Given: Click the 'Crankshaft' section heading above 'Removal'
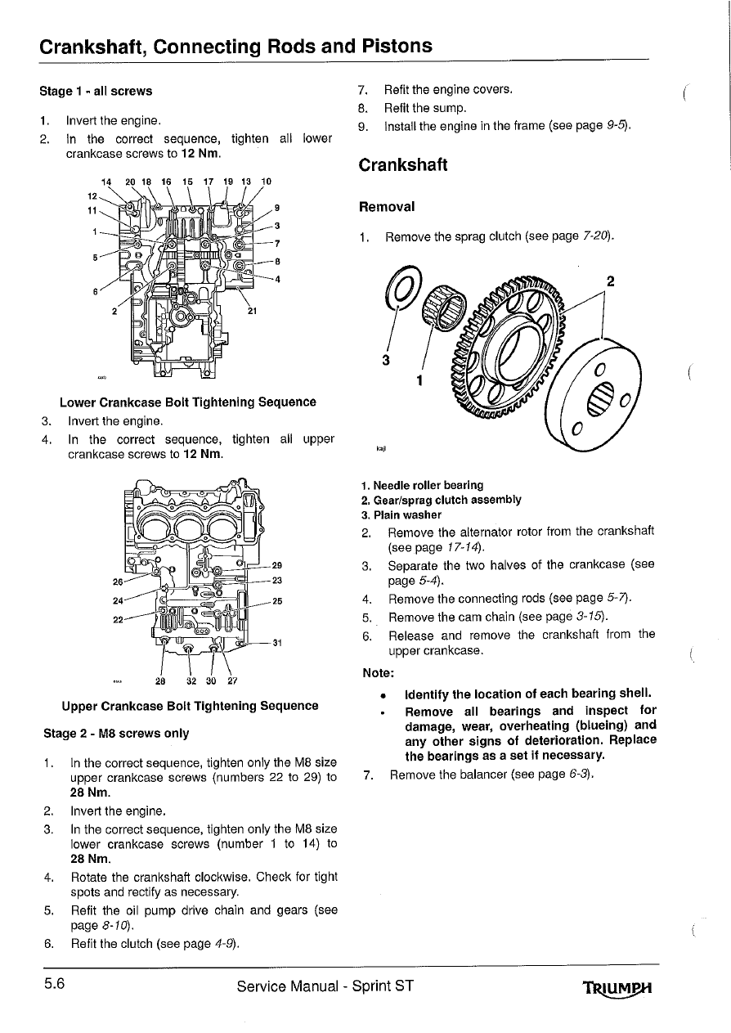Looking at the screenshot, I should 403,164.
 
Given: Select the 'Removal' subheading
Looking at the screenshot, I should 387,207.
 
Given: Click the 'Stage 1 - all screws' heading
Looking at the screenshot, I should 96,91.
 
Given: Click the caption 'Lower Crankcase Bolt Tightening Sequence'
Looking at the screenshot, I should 188,402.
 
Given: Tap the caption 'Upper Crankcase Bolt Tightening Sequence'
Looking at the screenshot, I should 190,706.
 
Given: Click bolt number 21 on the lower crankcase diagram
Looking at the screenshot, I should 252,310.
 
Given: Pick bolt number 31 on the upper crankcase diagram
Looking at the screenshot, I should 276,642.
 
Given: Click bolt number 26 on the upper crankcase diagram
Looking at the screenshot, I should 118,582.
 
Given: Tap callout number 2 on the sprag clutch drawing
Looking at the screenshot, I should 610,281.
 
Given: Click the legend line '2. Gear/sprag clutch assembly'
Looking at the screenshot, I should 441,501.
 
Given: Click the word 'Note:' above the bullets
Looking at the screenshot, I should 378,674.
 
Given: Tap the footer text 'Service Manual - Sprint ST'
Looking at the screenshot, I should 325,986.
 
